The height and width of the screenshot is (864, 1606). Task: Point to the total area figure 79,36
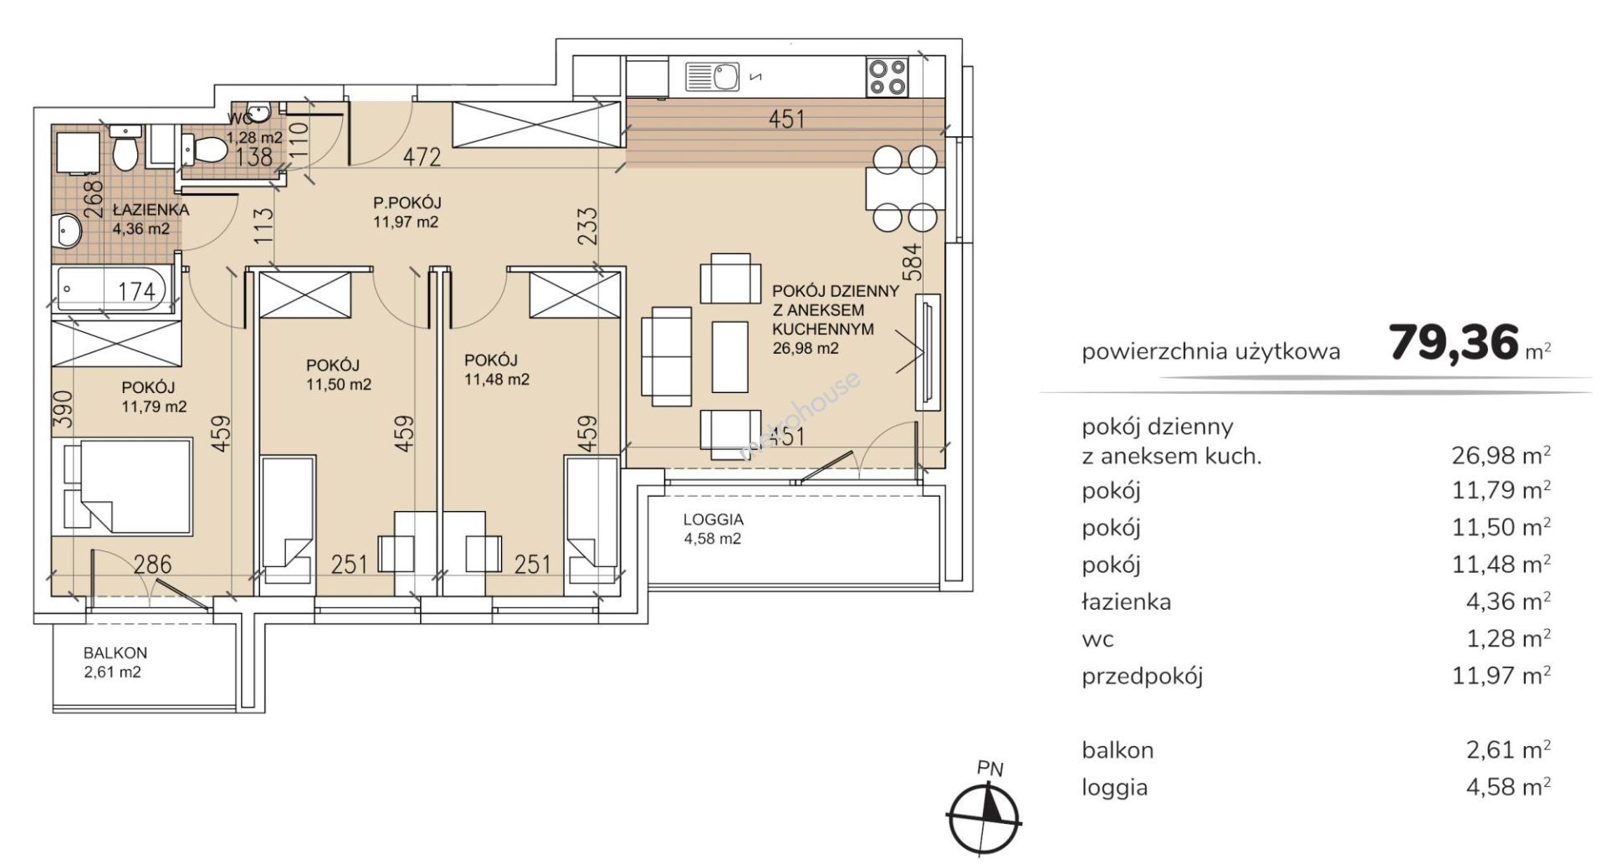[1453, 342]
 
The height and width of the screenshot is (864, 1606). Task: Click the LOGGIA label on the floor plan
[713, 519]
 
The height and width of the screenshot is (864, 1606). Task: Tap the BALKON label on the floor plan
[115, 653]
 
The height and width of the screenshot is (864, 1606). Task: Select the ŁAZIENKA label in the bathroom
[151, 210]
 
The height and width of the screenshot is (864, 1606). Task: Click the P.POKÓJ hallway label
[407, 202]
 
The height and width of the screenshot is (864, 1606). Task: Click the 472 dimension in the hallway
[422, 156]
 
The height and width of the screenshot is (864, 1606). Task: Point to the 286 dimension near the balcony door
[153, 565]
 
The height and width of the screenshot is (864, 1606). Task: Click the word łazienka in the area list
[1126, 601]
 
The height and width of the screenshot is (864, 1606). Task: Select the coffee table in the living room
[729, 356]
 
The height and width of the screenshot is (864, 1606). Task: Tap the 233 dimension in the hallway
[589, 227]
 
